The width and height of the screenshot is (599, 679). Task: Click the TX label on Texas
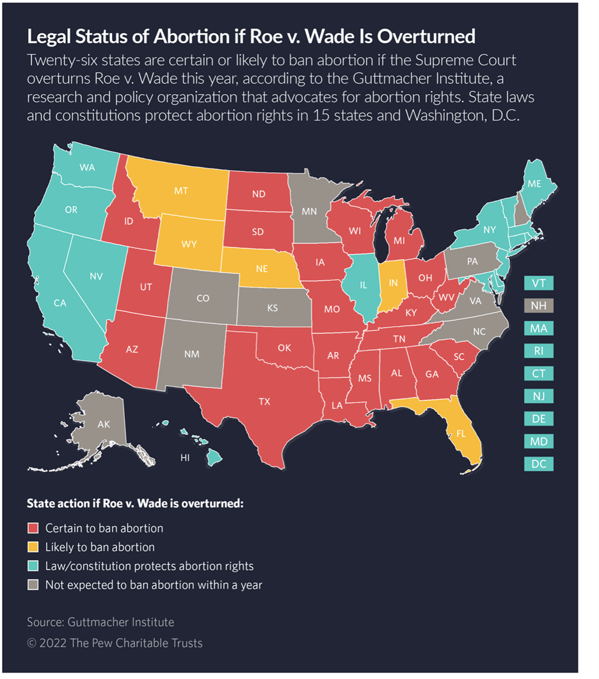264,402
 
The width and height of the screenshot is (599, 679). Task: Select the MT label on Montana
181,191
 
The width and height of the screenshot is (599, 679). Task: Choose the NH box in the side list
538,306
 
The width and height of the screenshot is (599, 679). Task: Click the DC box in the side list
538,464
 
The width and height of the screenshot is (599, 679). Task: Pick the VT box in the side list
538,284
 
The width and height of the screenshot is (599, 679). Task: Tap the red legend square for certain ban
33,529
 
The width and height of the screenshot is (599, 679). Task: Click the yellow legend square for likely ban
33,547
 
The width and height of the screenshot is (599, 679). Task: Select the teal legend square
33,566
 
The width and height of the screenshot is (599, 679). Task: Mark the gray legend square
33,584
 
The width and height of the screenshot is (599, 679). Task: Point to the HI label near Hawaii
185,458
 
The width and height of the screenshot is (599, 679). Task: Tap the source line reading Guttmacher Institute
100,621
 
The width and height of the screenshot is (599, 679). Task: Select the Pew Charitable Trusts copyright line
115,643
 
